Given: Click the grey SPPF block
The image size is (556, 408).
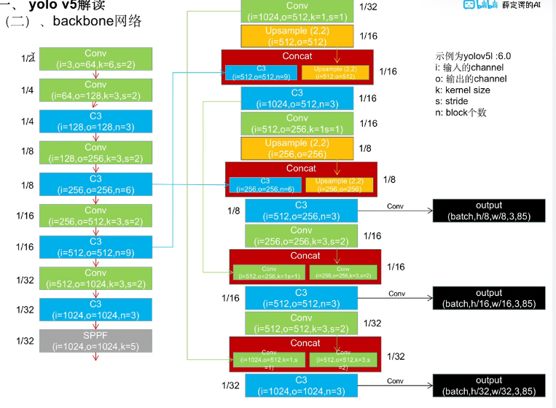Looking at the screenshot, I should click(95, 341).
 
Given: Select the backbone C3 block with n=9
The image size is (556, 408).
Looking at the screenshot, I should click(95, 247).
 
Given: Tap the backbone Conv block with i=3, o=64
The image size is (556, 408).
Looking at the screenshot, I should click(95, 59).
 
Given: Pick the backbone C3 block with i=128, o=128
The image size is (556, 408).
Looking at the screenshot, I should click(95, 122).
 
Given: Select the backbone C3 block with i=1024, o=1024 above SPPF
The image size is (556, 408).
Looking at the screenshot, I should click(95, 310).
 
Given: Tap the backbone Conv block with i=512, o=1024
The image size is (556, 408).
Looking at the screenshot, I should click(95, 278).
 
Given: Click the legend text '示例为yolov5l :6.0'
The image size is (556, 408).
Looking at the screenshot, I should click(474, 56).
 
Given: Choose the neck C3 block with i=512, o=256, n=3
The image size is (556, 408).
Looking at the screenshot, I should click(301, 211).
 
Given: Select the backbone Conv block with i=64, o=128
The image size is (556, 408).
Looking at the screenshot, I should click(95, 90).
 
